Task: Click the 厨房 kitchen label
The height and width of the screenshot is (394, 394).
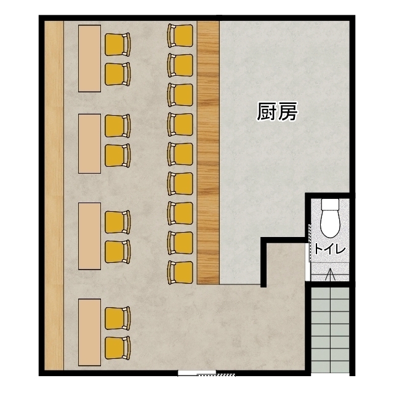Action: click(277, 111)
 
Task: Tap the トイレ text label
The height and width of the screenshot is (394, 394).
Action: click(330, 249)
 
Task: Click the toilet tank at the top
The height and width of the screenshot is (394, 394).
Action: click(330, 204)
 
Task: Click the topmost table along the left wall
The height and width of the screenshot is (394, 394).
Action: click(89, 58)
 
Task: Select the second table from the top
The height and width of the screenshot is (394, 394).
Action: click(89, 143)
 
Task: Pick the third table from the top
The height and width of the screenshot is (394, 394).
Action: click(89, 236)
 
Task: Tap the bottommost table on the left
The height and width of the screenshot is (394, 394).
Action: click(89, 332)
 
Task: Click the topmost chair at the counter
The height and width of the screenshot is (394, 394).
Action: click(180, 36)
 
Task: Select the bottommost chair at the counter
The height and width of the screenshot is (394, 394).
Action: click(180, 273)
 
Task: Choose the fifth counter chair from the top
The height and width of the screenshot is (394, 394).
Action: click(180, 154)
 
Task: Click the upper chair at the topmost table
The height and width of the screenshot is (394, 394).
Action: click(118, 44)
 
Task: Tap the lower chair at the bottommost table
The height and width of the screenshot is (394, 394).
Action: click(118, 348)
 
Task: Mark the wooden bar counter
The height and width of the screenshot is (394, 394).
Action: click(208, 153)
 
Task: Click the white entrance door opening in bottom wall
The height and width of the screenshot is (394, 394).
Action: click(197, 373)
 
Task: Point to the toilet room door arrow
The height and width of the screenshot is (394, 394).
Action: click(330, 274)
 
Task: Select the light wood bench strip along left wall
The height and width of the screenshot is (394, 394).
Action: click(54, 196)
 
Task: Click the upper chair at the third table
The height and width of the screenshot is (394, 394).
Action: click(118, 222)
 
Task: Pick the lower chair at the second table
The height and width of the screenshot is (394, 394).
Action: click(118, 155)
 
